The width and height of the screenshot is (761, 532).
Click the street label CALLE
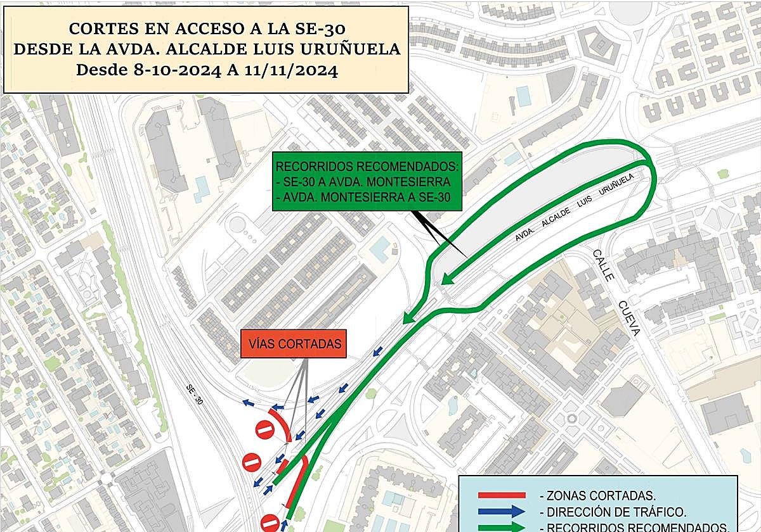(603, 265)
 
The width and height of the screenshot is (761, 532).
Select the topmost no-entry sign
(264, 430)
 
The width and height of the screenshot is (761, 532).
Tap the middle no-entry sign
(252, 462)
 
